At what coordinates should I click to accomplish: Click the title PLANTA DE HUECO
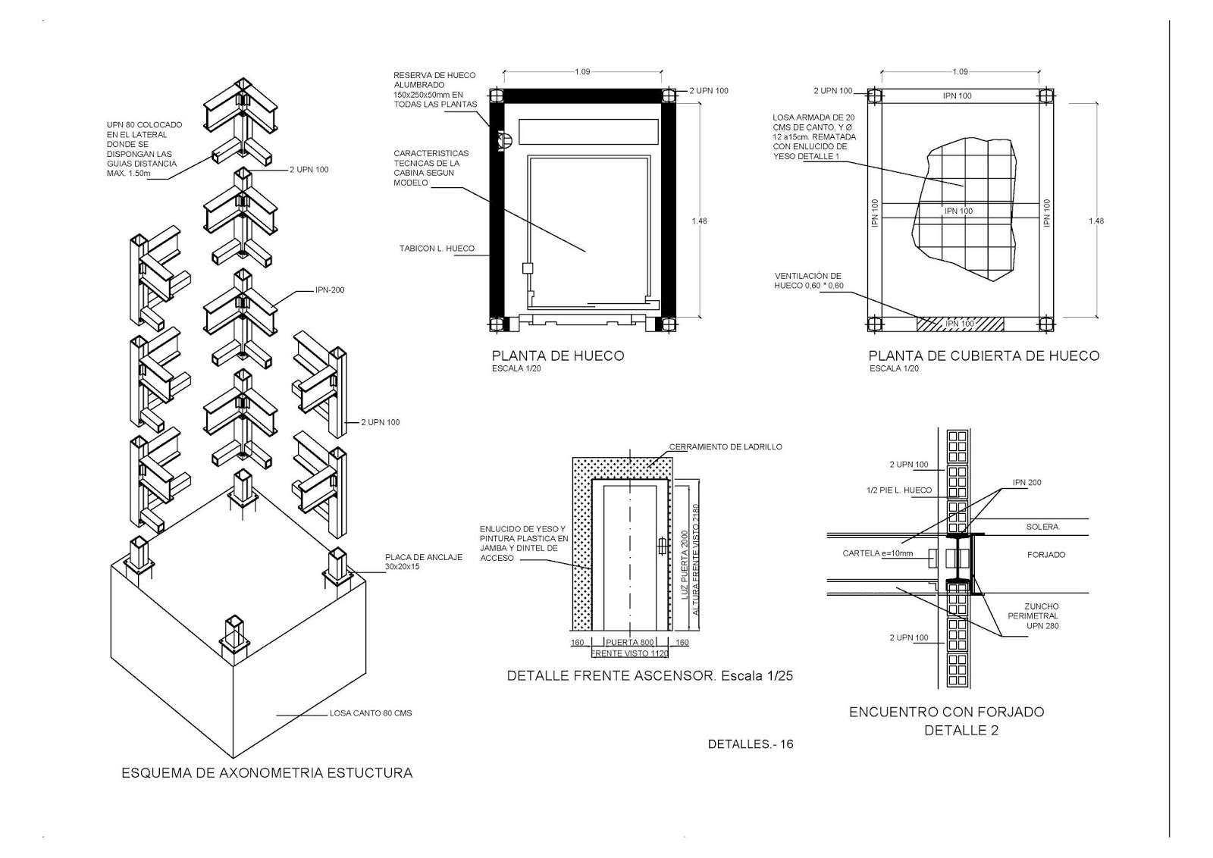(x=558, y=355)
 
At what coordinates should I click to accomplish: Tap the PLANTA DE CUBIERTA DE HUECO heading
(x=983, y=355)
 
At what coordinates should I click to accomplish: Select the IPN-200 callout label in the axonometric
(x=330, y=290)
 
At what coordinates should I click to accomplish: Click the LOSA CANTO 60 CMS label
(x=371, y=713)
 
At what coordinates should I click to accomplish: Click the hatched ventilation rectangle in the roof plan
(x=960, y=324)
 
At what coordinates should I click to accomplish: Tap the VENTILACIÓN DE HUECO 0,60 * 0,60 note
(x=808, y=281)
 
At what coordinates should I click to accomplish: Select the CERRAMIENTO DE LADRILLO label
(x=726, y=446)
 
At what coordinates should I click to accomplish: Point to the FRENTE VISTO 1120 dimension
(x=629, y=653)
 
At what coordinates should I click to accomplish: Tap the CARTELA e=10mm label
(x=878, y=553)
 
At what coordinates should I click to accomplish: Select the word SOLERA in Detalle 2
(x=1042, y=527)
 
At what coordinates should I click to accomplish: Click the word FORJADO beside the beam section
(x=1046, y=555)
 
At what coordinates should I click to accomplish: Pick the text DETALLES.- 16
(x=751, y=744)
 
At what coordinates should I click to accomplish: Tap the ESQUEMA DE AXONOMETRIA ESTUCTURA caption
(x=267, y=773)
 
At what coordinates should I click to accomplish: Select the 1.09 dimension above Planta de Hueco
(x=582, y=72)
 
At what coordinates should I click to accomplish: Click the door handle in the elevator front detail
(x=661, y=545)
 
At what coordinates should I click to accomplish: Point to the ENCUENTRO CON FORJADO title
(x=946, y=712)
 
